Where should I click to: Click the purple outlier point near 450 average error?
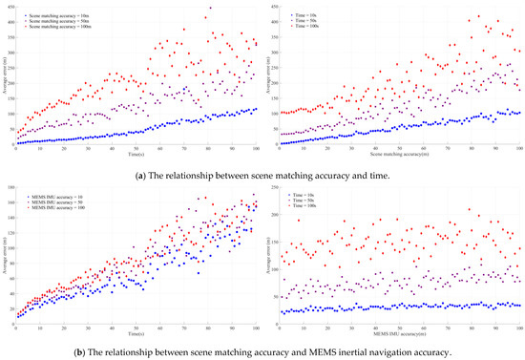click(210, 9)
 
